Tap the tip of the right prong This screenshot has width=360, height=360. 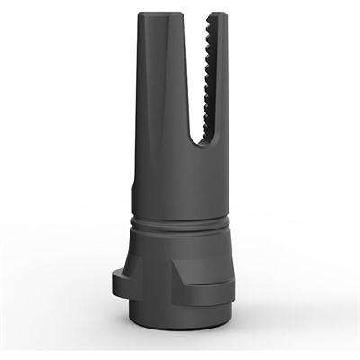(x=217, y=14)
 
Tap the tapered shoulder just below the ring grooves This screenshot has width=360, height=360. (x=180, y=238)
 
